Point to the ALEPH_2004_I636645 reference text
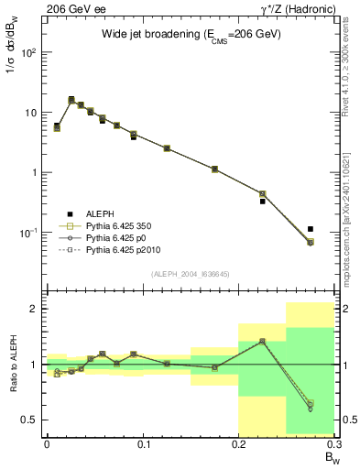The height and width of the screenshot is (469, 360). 190,274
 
